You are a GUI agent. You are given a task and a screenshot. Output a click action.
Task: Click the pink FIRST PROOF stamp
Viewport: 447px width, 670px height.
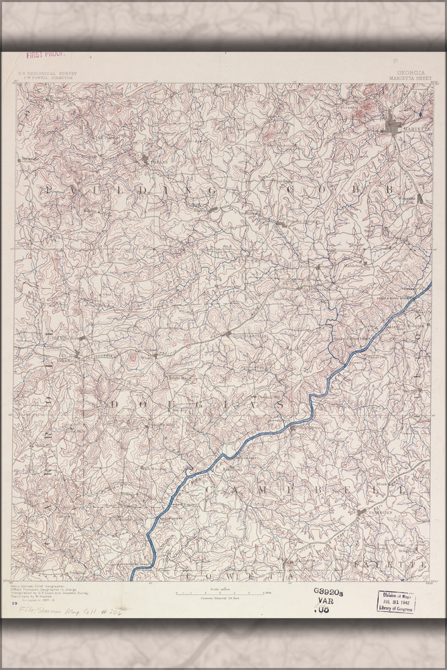click(x=42, y=56)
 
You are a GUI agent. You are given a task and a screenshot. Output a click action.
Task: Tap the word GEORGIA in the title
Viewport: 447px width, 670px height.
click(x=409, y=72)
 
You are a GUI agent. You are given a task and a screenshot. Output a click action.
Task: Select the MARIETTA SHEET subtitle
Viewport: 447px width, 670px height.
click(x=409, y=78)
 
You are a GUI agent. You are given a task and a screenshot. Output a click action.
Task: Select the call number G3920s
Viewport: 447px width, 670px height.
click(x=328, y=592)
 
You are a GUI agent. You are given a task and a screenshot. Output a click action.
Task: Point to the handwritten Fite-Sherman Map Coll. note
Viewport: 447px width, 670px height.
click(x=60, y=611)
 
